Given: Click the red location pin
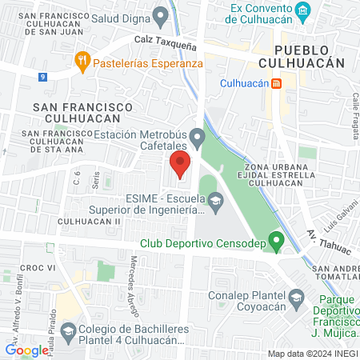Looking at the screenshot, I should (x=180, y=164).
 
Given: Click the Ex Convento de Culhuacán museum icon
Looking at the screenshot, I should (x=302, y=10).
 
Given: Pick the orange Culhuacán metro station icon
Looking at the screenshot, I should (x=276, y=83).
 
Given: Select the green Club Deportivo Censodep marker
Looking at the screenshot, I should (x=276, y=239).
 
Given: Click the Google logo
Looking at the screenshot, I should (x=26, y=350).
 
